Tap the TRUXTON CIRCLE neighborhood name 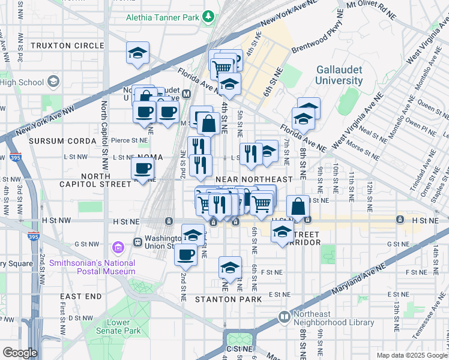tap(67, 46)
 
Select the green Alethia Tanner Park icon tap(209, 17)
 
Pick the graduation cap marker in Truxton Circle tap(138, 53)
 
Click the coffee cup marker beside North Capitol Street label tap(143, 169)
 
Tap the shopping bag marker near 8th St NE tap(298, 207)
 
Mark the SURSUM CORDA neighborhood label tap(62, 141)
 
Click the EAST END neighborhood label tap(81, 297)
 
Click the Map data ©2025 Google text tap(411, 355)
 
